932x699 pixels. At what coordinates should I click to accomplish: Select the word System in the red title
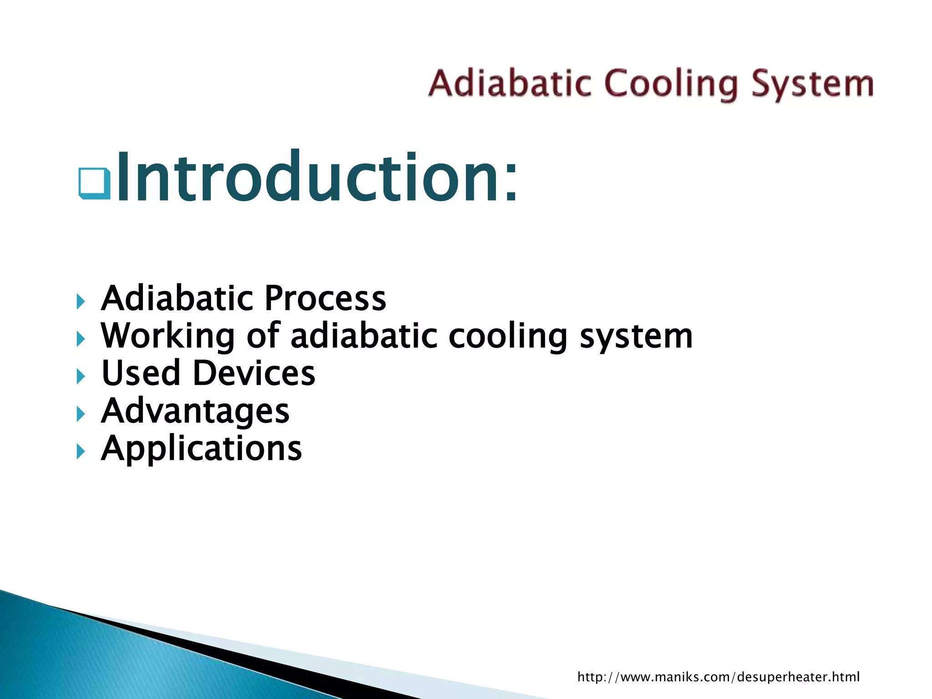[812, 85]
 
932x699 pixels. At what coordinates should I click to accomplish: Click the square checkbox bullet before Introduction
[94, 183]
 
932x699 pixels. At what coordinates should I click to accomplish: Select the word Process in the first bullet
[325, 299]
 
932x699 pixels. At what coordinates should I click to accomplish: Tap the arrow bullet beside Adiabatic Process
[81, 301]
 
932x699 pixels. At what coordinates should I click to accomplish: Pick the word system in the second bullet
[636, 336]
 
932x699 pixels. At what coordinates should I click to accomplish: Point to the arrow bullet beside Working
[81, 339]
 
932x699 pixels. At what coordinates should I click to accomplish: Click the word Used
[141, 373]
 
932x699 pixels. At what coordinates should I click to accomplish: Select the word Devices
[254, 373]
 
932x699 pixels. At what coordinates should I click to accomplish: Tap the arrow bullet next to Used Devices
[81, 376]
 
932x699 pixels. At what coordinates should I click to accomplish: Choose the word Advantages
[195, 411]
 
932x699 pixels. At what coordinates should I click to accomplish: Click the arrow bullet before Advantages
[81, 414]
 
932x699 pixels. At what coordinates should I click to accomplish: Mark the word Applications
[201, 449]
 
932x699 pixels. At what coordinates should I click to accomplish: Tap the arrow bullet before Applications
[81, 451]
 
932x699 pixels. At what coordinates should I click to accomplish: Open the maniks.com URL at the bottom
[718, 677]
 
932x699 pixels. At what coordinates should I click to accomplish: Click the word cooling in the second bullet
[507, 336]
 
